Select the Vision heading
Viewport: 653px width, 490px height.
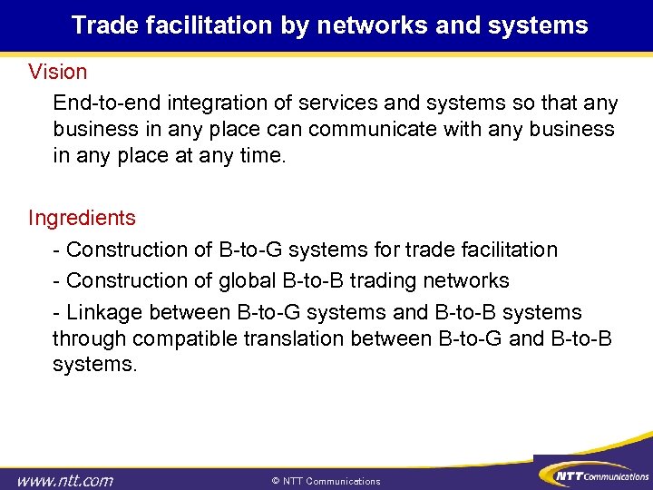pyautogui.click(x=58, y=71)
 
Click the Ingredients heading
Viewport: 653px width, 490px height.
pyautogui.click(x=82, y=218)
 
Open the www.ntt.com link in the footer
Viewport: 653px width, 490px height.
pyautogui.click(x=65, y=479)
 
